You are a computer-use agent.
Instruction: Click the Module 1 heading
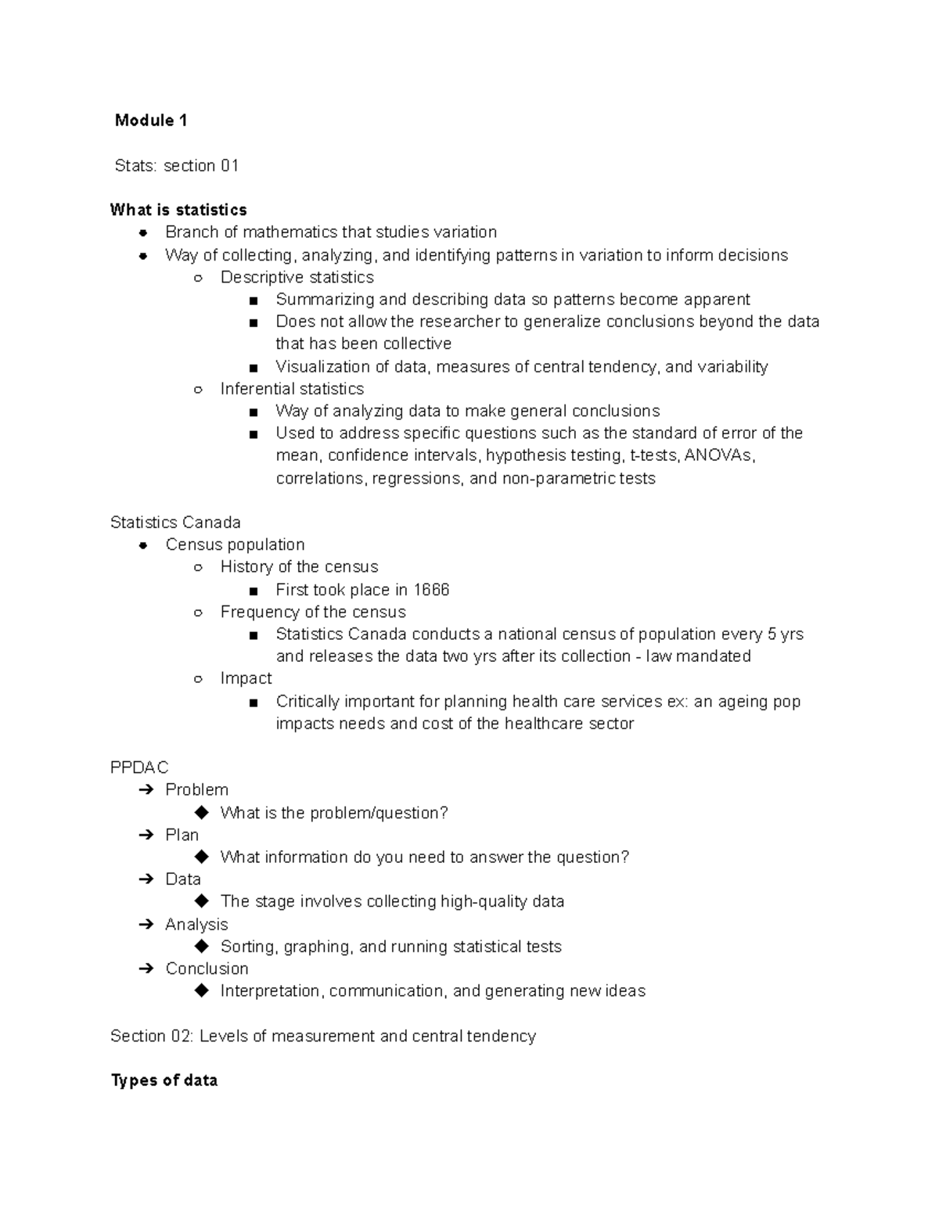[150, 120]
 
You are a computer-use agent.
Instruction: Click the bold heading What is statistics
[178, 210]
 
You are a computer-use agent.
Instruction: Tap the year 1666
[431, 590]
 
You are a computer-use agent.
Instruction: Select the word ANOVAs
[718, 455]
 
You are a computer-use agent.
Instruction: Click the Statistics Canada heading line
[175, 523]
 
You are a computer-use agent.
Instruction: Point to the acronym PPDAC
[139, 767]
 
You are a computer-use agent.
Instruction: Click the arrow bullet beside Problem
[146, 790]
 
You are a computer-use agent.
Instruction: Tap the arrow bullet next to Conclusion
[146, 969]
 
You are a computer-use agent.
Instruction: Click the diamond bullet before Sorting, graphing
[202, 946]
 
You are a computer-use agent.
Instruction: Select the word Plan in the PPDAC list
[182, 835]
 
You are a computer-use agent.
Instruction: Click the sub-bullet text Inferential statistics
[292, 389]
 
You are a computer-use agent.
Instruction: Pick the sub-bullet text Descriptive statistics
[297, 278]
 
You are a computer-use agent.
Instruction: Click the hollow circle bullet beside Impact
[199, 679]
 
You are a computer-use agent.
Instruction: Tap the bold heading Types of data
[164, 1080]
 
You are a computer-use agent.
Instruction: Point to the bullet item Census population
[235, 545]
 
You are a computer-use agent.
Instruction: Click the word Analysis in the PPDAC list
[196, 924]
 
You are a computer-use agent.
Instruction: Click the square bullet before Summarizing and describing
[253, 300]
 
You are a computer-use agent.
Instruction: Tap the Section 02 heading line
[322, 1036]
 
